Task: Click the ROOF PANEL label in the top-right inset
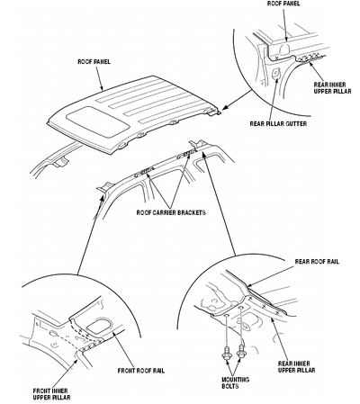283,4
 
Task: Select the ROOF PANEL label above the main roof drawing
94,61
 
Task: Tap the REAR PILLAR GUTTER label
278,123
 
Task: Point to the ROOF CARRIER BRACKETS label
171,212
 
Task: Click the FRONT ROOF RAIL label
141,371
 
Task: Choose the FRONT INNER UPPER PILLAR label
51,394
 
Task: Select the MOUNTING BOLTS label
235,382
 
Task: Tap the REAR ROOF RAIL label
317,261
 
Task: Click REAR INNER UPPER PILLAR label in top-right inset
332,88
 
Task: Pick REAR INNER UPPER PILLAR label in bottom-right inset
296,367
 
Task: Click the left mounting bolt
226,354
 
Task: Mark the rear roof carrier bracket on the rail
186,154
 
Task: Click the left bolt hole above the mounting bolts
227,316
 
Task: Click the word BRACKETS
192,212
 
